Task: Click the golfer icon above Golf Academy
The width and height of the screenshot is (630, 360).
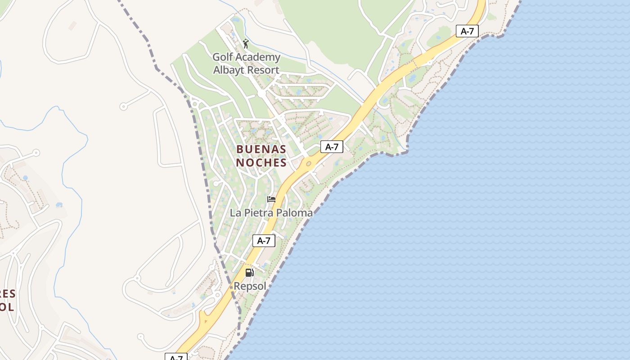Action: pos(245,44)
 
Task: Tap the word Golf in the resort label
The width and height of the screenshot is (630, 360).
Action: pos(223,57)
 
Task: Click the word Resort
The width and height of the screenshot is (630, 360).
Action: pos(263,70)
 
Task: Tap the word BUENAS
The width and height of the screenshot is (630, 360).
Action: pos(261,149)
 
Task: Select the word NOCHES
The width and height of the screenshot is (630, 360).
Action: pos(261,162)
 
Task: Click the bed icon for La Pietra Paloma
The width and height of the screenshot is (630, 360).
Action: pos(271,199)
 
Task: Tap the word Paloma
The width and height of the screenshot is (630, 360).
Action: pos(294,213)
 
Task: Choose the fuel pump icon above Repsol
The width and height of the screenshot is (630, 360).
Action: pos(249,272)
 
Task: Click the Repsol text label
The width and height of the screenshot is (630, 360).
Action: pos(250,286)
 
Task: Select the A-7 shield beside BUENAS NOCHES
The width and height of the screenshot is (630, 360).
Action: pos(332,147)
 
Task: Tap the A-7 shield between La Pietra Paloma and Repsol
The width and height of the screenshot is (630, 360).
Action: pos(263,241)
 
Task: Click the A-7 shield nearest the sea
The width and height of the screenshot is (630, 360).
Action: pos(467,31)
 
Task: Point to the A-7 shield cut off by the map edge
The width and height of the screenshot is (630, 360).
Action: pos(176,357)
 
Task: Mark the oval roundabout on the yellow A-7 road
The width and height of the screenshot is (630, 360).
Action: pos(309,164)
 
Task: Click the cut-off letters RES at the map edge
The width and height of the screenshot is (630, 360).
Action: pos(8,294)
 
